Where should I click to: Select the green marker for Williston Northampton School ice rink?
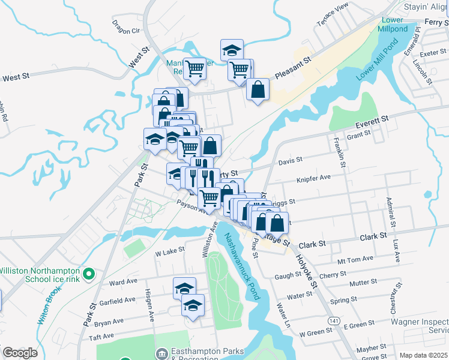pyautogui.click(x=89, y=275)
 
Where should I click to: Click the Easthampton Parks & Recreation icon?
pyautogui.click(x=161, y=352)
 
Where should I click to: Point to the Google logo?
pyautogui.click(x=20, y=353)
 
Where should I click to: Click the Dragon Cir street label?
pyautogui.click(x=125, y=26)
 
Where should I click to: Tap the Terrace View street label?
pyautogui.click(x=333, y=14)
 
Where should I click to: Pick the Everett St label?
pyautogui.click(x=372, y=122)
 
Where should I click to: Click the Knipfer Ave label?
pyautogui.click(x=313, y=178)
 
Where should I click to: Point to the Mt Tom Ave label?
pyautogui.click(x=355, y=259)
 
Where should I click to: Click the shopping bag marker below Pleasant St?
pyautogui.click(x=258, y=89)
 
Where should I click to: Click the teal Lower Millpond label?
pyautogui.click(x=391, y=25)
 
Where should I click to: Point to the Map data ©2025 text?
pyautogui.click(x=423, y=355)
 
